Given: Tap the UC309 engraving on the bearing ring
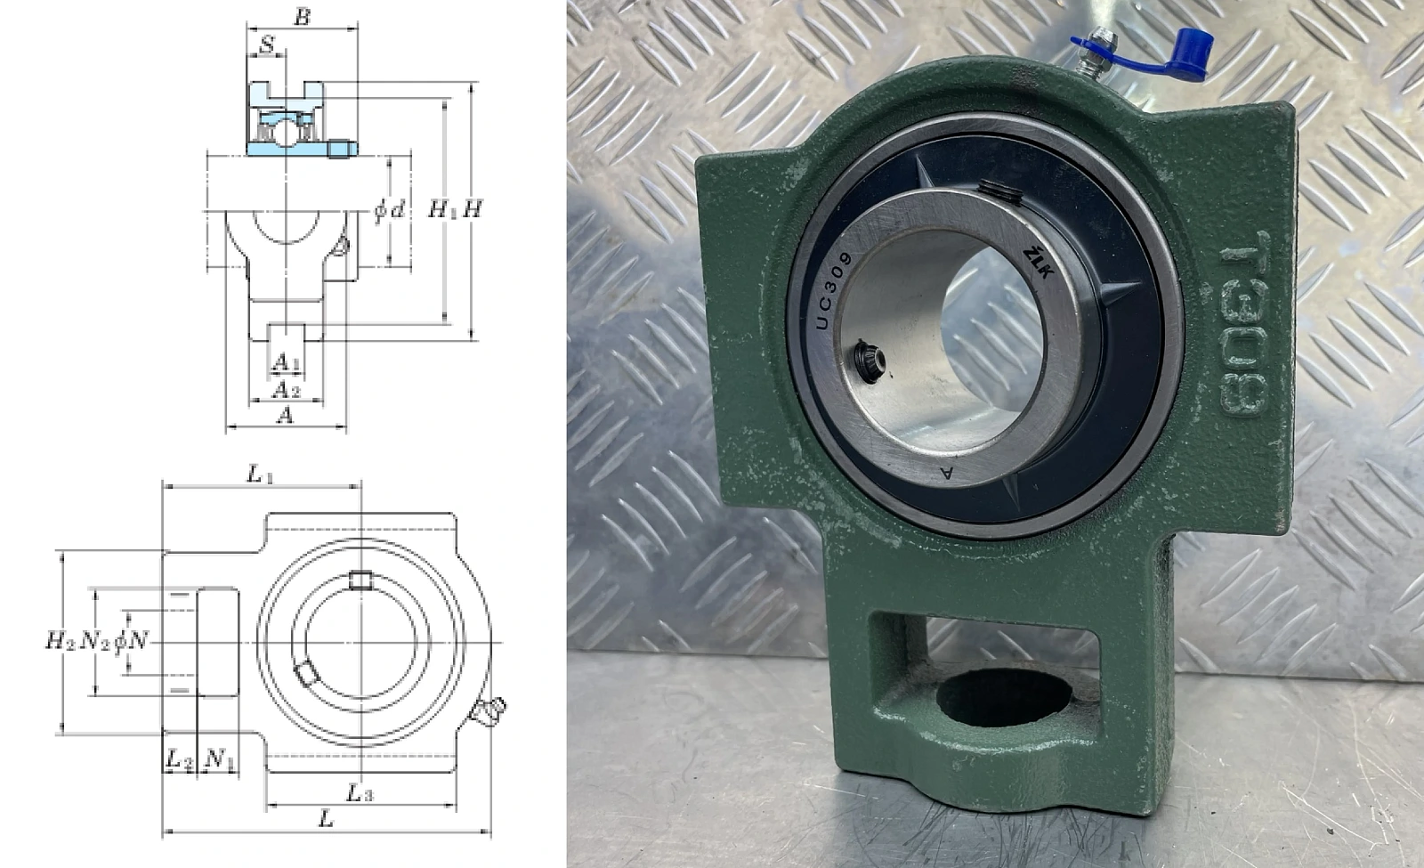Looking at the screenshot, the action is (833, 290).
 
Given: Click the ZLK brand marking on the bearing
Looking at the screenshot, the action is (1039, 262).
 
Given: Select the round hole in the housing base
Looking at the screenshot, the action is (1004, 696).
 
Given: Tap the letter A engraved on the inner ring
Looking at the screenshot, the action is (947, 473).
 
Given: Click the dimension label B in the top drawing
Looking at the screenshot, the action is (303, 17).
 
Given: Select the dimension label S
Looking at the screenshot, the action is (267, 45).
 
